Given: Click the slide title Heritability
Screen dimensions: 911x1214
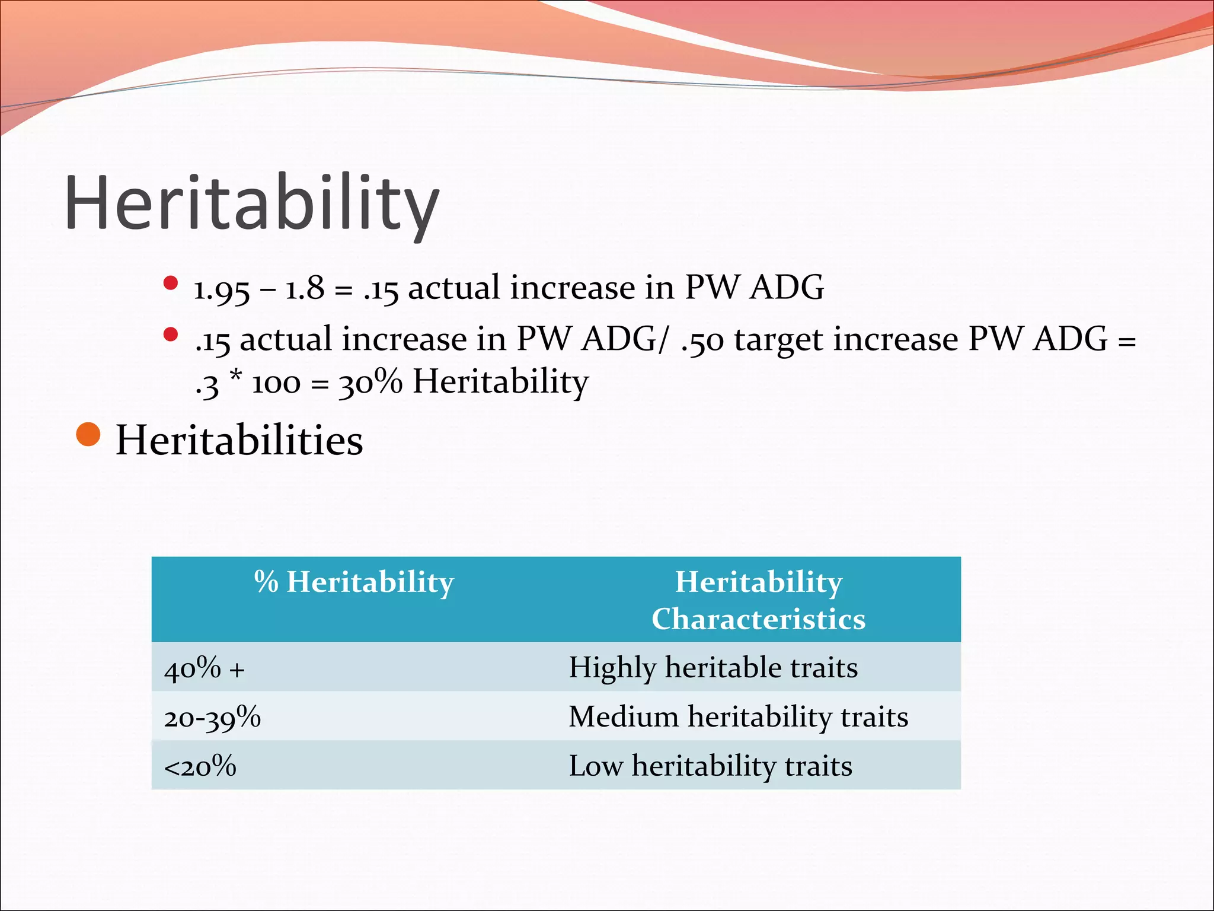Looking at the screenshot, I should pyautogui.click(x=252, y=203).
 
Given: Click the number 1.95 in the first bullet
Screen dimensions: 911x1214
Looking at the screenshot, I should pyautogui.click(x=222, y=289).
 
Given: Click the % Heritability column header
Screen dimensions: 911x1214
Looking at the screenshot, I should pyautogui.click(x=354, y=582).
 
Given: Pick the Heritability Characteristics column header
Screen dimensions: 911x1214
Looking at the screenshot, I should pyautogui.click(x=758, y=600).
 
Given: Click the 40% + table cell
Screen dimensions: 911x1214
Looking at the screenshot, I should pyautogui.click(x=204, y=668).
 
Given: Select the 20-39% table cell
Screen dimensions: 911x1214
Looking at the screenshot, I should pyautogui.click(x=212, y=718).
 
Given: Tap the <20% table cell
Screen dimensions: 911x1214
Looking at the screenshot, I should pyautogui.click(x=200, y=766).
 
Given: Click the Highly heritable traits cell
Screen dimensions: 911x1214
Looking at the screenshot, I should pyautogui.click(x=713, y=667).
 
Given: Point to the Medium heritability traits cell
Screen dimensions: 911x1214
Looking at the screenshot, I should pyautogui.click(x=738, y=716).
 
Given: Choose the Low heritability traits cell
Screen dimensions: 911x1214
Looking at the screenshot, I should pyautogui.click(x=710, y=766).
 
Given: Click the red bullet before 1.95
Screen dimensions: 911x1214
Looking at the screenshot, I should pyautogui.click(x=171, y=283).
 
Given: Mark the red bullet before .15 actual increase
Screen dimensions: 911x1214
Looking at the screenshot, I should pyautogui.click(x=171, y=335).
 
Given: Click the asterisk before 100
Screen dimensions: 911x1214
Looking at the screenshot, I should pyautogui.click(x=236, y=376).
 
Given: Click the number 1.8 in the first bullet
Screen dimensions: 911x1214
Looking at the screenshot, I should pyautogui.click(x=305, y=289).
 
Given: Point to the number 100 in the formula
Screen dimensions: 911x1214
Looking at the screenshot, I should pyautogui.click(x=276, y=384).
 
